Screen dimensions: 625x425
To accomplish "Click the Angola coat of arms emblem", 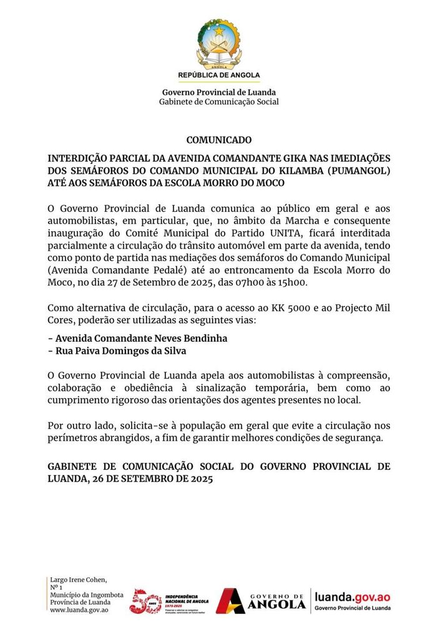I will click(x=218, y=42).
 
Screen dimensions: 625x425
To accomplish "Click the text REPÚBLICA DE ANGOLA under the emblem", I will click(x=218, y=75).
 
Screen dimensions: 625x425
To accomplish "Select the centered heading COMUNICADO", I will click(x=218, y=140).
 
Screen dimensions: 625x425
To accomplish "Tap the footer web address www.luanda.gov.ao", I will click(x=80, y=609).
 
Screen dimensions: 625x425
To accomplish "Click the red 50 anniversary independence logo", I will click(x=145, y=601).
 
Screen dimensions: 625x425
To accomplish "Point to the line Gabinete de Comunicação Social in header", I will click(x=218, y=102).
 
